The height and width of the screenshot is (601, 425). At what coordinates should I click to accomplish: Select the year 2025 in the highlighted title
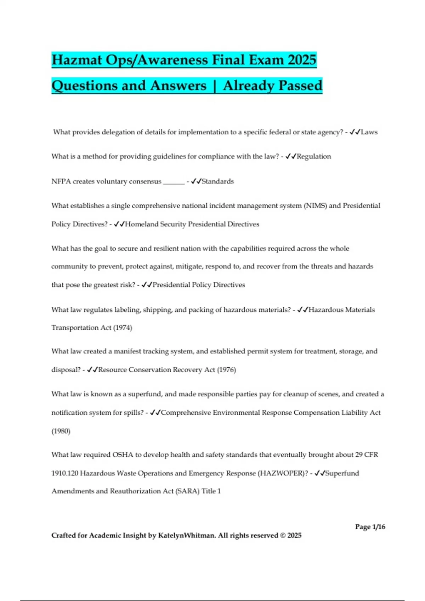(x=302, y=60)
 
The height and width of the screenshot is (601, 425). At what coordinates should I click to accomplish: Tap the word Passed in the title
(x=300, y=86)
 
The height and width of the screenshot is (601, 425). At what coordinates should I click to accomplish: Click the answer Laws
(x=369, y=132)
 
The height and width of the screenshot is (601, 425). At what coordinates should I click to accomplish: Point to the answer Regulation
(x=314, y=156)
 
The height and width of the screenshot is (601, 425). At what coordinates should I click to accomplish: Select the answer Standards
(x=218, y=181)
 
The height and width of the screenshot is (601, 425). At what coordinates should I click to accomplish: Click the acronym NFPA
(x=61, y=181)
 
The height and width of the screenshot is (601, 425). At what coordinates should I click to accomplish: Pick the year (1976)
(x=226, y=370)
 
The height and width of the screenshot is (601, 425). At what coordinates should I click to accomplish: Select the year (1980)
(x=61, y=431)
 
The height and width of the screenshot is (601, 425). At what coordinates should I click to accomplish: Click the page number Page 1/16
(x=370, y=527)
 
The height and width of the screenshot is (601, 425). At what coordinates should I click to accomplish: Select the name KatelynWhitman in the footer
(x=186, y=535)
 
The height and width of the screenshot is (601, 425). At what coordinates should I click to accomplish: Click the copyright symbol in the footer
(x=282, y=535)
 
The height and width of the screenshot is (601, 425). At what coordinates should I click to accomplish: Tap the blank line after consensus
(x=174, y=182)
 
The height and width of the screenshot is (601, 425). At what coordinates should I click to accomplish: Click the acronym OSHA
(x=123, y=455)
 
